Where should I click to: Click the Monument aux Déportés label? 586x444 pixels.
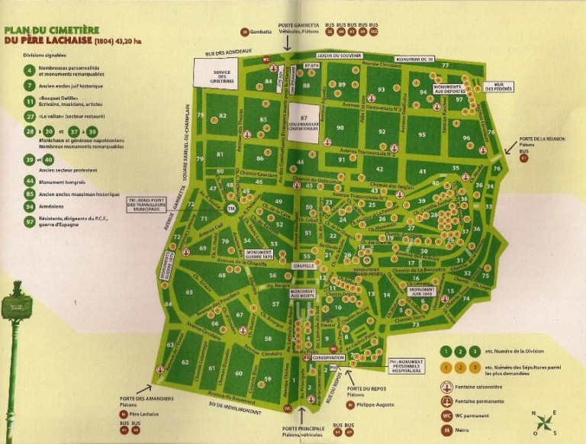pos(452,89)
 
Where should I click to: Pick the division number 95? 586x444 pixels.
pos(422,134)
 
